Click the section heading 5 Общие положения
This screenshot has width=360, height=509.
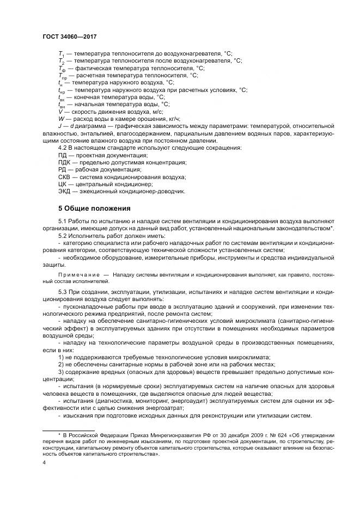[x=93, y=209]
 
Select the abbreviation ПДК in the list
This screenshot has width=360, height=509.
[x=65, y=163]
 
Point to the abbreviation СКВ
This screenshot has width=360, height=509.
[x=65, y=177]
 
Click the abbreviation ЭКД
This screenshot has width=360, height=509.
[x=65, y=192]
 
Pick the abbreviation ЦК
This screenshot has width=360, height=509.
[x=62, y=185]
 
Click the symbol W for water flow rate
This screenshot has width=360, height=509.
[x=60, y=118]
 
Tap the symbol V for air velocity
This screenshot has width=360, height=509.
[x=60, y=111]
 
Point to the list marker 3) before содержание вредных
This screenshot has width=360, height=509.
[x=61, y=372]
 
